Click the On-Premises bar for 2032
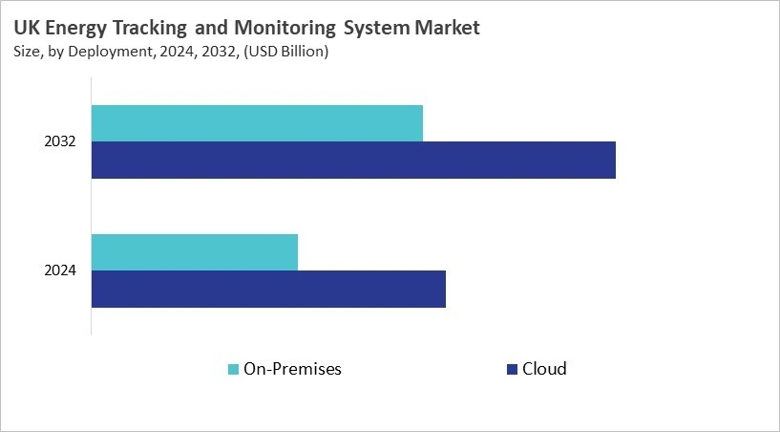pyautogui.click(x=257, y=123)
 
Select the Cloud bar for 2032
pyautogui.click(x=353, y=160)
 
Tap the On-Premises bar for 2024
pyautogui.click(x=195, y=251)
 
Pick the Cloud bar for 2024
pyautogui.click(x=268, y=289)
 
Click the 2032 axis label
pyautogui.click(x=60, y=141)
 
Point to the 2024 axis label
pyautogui.click(x=60, y=270)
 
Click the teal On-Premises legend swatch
pyautogui.click(x=233, y=369)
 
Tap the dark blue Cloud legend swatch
pyautogui.click(x=511, y=369)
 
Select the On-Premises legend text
pyautogui.click(x=292, y=369)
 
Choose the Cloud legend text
pyautogui.click(x=544, y=369)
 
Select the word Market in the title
pyautogui.click(x=447, y=29)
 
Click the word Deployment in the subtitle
pyautogui.click(x=109, y=52)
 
